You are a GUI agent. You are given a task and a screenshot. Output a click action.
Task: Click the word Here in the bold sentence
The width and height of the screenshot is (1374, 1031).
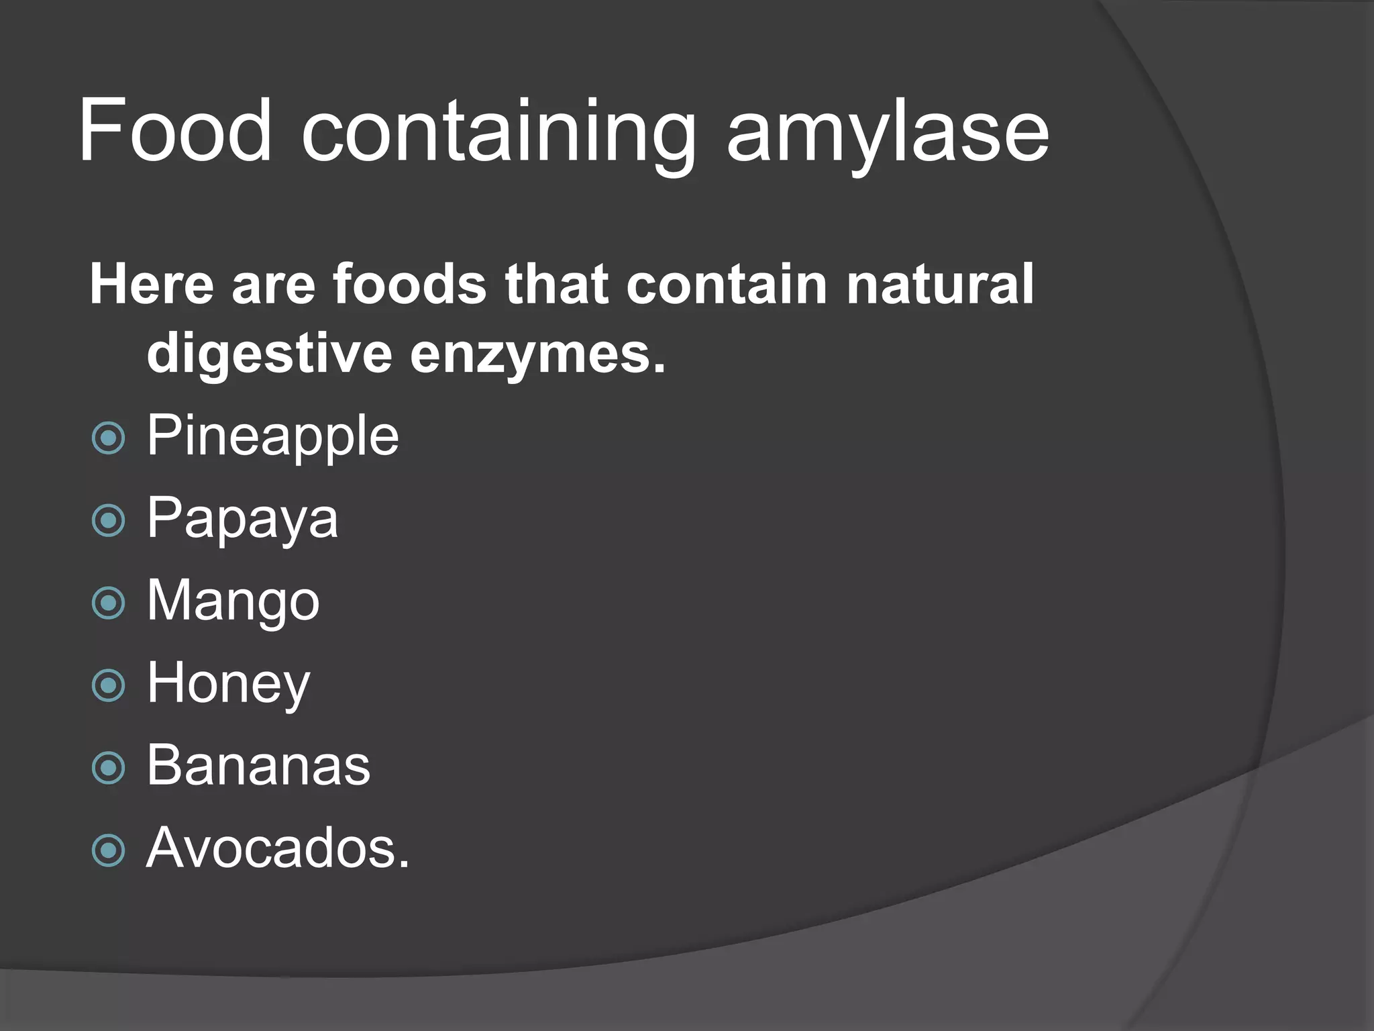pyautogui.click(x=152, y=285)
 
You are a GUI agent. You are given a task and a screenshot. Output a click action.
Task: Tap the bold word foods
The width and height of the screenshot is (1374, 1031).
pyautogui.click(x=409, y=285)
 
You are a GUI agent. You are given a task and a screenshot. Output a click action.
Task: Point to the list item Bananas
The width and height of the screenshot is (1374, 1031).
pyautogui.click(x=258, y=767)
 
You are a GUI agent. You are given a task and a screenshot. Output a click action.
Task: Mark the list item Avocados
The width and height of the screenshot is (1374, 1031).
pyautogui.click(x=277, y=849)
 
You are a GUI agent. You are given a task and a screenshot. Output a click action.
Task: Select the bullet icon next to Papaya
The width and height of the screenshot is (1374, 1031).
pyautogui.click(x=108, y=521)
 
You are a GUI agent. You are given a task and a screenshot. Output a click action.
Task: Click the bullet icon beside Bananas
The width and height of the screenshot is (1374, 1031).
pyautogui.click(x=108, y=768)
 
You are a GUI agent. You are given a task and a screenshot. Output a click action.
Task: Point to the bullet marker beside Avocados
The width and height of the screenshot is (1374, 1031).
pyautogui.click(x=108, y=850)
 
